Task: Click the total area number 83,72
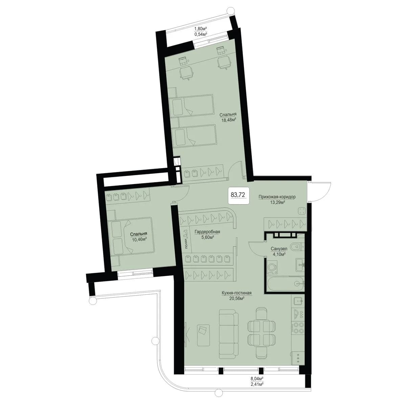tap(238, 195)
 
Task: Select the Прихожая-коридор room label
tap(277, 197)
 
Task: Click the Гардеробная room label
tap(207, 232)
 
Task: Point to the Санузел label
tap(279, 249)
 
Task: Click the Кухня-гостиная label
tap(236, 293)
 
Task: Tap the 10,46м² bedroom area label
tap(139, 239)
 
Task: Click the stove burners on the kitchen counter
tap(298, 328)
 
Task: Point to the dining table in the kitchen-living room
tap(262, 332)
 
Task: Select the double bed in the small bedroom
tap(130, 235)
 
